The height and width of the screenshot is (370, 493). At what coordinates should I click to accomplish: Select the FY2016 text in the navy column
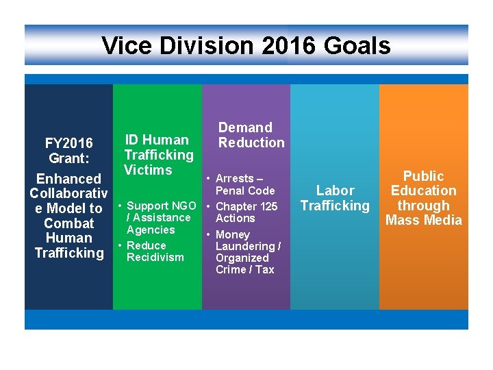[x=68, y=143]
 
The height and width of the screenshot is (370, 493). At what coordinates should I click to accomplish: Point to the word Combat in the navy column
[x=68, y=223]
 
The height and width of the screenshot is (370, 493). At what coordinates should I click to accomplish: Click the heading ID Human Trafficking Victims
[x=158, y=155]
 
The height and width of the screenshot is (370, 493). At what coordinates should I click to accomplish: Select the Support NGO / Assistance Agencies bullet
[x=158, y=217]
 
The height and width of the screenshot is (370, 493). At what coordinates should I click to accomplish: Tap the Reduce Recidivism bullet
[x=153, y=251]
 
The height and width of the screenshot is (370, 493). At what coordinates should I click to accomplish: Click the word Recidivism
[x=155, y=258]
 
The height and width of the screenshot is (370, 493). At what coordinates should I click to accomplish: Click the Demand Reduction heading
[x=251, y=135]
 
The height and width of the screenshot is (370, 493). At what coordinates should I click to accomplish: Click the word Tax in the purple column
[x=264, y=270]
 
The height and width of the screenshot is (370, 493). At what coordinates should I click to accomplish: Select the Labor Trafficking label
[x=335, y=198]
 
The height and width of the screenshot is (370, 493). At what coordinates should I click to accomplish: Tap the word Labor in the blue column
[x=335, y=190]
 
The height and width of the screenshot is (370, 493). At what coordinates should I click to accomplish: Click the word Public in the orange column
[x=423, y=176]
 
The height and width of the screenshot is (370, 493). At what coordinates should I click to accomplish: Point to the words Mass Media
[x=423, y=220]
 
